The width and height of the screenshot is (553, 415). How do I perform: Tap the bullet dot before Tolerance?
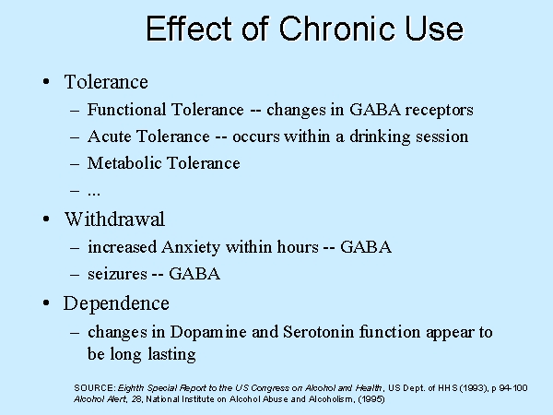tap(46, 82)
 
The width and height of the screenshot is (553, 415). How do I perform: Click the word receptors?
tap(439, 111)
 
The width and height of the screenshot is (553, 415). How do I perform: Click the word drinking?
tap(380, 137)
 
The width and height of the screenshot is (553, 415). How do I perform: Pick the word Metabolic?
tap(124, 163)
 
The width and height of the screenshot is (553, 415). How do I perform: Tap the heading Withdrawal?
tap(114, 219)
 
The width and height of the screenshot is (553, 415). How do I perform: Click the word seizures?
tap(117, 274)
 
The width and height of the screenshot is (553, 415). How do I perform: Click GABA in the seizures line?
tap(194, 274)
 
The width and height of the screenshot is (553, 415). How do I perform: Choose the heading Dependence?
tap(116, 303)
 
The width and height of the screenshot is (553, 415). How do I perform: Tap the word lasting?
tap(171, 354)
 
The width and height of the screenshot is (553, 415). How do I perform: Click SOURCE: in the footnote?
tap(95, 388)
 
